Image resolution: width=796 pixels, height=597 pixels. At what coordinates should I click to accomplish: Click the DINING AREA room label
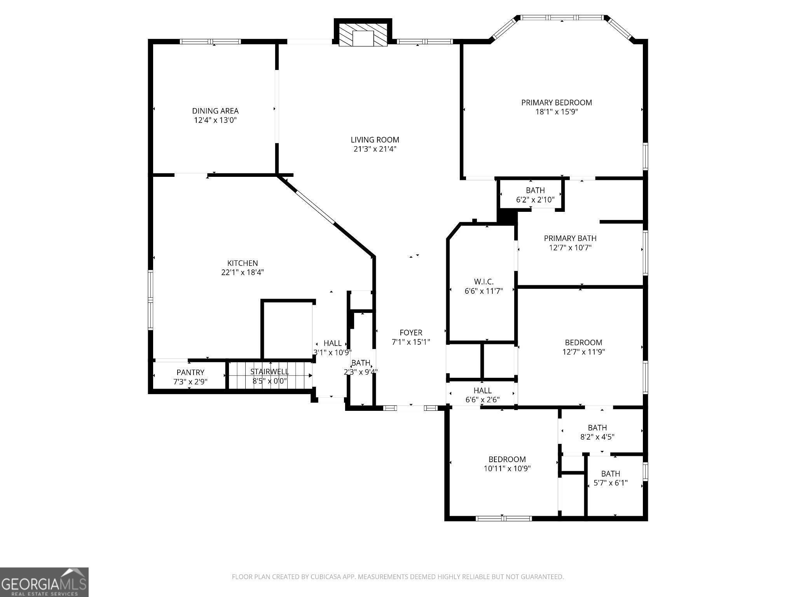coord(215,111)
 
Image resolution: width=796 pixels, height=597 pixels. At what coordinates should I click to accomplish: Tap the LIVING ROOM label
coord(375,140)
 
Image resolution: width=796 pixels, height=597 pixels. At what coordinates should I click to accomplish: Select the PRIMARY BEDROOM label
coord(557,103)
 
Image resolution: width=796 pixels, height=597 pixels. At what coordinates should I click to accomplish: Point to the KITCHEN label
coord(243,263)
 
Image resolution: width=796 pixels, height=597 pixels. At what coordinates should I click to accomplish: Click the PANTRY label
coord(190,372)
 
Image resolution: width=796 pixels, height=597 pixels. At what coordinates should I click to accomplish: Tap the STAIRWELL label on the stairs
coord(270,372)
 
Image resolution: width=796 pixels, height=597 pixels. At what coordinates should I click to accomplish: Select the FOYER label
coord(411,333)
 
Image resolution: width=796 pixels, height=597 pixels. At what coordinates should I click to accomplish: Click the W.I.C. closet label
coord(484,282)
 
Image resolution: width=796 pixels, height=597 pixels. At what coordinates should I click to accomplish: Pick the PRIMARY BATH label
coord(570,238)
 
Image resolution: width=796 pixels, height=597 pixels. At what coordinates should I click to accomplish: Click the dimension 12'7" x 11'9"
coord(583,352)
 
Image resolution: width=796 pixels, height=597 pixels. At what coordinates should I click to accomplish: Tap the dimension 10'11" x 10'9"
coord(507,468)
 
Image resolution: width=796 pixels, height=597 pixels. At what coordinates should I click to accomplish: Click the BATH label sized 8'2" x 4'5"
coord(597,428)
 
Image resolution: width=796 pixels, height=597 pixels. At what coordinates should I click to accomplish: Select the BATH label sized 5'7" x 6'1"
coord(611,474)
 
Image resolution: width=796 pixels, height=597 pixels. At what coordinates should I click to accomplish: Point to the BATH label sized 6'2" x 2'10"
coord(535,190)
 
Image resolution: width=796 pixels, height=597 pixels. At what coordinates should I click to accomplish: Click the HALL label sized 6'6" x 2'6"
coord(482,390)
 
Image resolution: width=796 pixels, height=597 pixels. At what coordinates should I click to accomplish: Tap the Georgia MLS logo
coord(44,582)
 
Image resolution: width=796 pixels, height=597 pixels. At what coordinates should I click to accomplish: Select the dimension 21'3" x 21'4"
coord(375,149)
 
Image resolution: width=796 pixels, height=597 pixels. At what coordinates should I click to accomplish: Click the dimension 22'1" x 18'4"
coord(243,272)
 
